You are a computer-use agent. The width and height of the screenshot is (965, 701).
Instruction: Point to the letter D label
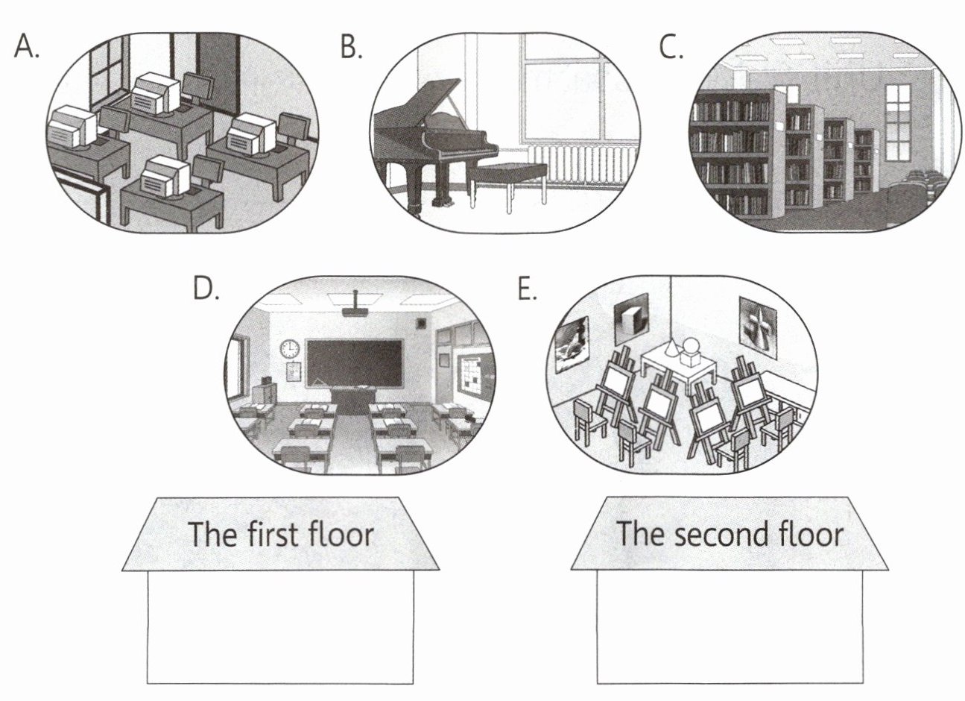point(205,288)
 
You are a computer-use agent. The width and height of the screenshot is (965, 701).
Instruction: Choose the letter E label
point(527,288)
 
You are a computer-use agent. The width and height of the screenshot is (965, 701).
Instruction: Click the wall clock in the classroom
point(290,348)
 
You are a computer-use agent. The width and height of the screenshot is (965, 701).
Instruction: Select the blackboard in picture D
point(354,362)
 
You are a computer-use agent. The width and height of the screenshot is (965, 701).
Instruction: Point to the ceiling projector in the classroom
point(355,308)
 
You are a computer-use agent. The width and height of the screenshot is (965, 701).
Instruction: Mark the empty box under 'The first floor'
point(280,627)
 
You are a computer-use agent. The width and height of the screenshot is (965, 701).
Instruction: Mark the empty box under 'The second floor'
point(730,627)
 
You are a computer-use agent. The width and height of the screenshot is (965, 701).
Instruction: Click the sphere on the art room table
point(692,346)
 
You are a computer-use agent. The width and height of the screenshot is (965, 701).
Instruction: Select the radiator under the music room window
point(589,165)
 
